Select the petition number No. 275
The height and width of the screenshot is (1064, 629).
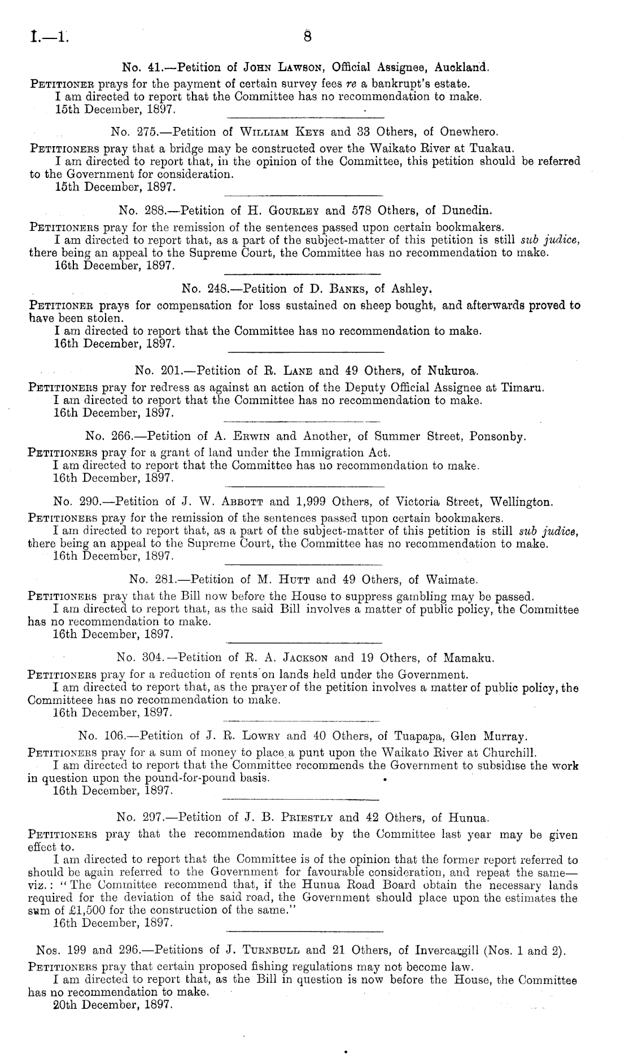[x=132, y=133]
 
